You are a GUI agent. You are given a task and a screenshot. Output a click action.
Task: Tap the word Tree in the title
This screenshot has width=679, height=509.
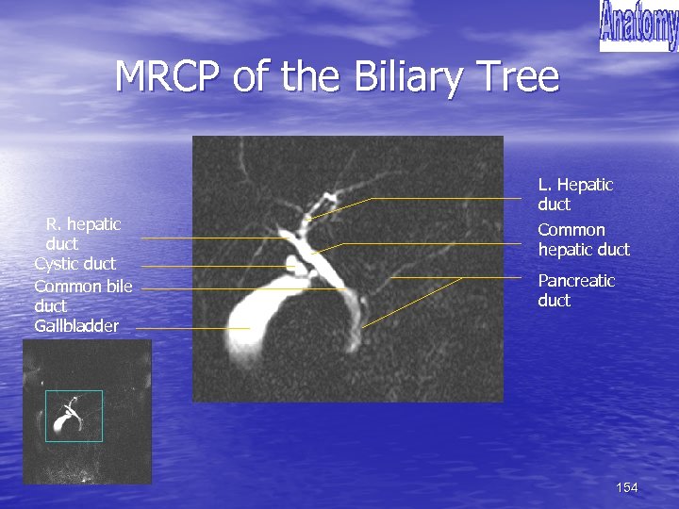point(522,76)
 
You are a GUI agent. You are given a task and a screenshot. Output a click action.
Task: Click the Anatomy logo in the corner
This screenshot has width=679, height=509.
point(638,25)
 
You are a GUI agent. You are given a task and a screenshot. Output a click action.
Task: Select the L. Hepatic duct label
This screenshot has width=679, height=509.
point(574,194)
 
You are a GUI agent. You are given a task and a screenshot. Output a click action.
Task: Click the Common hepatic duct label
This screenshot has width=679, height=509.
point(583,239)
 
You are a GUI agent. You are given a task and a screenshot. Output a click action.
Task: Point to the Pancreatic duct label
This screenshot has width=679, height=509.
point(575,290)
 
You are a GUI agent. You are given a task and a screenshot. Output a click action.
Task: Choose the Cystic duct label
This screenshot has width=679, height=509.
point(75,264)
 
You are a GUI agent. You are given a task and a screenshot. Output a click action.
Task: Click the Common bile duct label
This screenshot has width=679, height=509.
point(83,295)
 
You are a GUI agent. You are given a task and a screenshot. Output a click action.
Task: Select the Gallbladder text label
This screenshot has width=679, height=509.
point(76,326)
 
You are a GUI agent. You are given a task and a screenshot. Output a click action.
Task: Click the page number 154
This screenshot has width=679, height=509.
point(626,487)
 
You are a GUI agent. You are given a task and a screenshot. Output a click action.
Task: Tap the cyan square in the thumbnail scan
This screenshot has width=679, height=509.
point(74,416)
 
